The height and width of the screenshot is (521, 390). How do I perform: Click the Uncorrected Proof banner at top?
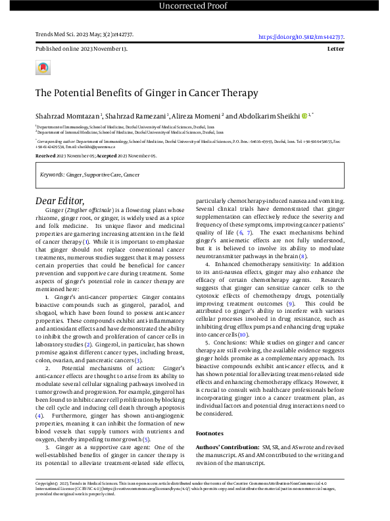coord(195,7)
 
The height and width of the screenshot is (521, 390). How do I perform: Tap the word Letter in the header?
coord(345,49)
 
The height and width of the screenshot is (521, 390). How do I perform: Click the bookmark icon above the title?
coord(43,67)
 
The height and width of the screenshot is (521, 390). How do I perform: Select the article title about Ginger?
coord(146,93)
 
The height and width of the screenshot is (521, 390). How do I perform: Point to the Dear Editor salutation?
coord(59,200)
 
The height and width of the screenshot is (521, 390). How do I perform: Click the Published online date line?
coord(80,49)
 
